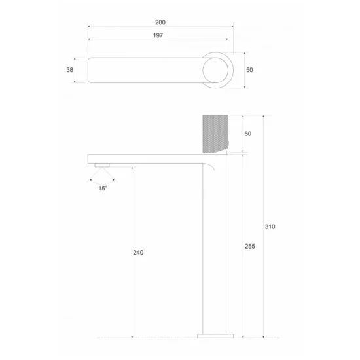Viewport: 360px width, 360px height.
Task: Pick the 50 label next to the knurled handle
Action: (x=247, y=133)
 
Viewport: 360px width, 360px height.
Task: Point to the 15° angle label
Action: (x=103, y=189)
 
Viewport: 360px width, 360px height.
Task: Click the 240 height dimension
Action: (x=137, y=253)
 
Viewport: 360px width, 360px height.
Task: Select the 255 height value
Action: (x=249, y=247)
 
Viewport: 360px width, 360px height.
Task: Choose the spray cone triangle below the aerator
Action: (x=102, y=174)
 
